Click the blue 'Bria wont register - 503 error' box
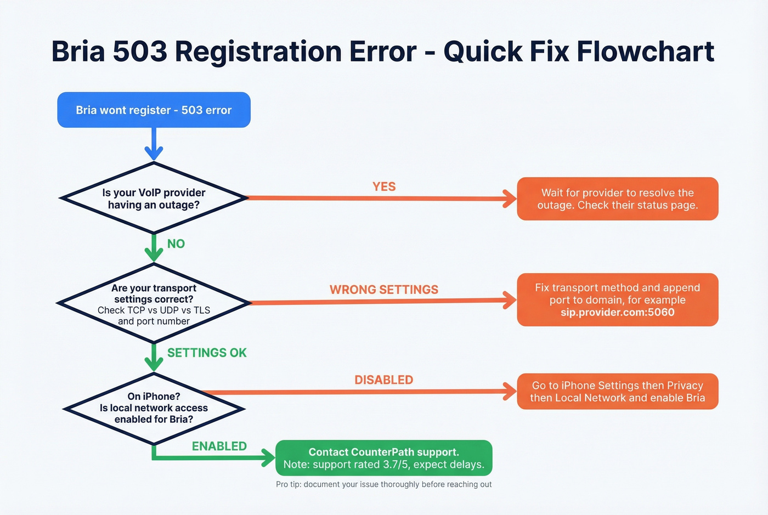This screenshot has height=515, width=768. (x=154, y=110)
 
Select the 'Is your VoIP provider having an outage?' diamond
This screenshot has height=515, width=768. (x=154, y=199)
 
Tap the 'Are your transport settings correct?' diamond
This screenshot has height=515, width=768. (x=154, y=304)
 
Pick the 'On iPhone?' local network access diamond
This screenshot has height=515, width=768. (x=154, y=408)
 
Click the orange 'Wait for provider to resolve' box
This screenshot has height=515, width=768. (x=617, y=199)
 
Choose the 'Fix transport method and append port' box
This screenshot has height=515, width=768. (x=617, y=299)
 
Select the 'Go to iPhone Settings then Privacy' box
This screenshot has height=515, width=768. (x=617, y=392)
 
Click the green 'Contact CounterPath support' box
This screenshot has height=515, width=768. (x=383, y=458)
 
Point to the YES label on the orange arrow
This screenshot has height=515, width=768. (x=383, y=187)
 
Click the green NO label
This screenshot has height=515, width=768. (x=176, y=244)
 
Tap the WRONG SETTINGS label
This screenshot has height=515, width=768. (x=383, y=290)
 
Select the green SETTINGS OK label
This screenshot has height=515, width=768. (x=207, y=353)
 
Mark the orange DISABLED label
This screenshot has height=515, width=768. (x=383, y=380)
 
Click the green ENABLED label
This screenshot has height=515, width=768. (x=219, y=446)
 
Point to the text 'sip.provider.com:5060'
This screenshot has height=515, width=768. (x=617, y=313)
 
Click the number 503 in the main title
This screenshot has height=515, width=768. (x=139, y=52)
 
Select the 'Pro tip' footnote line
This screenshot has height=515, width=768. (x=383, y=484)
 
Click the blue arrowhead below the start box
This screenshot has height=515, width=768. (x=154, y=153)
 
